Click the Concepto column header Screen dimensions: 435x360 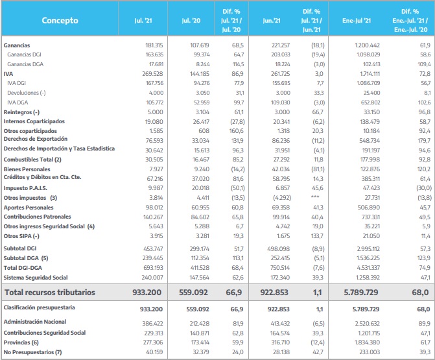(60, 20)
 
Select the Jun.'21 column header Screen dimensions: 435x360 (272, 21)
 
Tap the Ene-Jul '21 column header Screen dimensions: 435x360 (357, 21)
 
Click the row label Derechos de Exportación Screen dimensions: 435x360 (36, 139)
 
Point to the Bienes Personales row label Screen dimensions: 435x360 (27, 169)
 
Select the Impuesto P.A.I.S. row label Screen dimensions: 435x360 (25, 188)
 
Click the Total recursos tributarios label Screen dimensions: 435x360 (50, 293)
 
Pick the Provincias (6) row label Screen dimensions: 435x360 (21, 342)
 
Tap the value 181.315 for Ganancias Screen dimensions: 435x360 (154, 45)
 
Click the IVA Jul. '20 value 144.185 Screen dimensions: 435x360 (200, 74)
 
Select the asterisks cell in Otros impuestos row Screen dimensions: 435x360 (315, 197)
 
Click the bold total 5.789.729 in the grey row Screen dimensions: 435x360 (361, 293)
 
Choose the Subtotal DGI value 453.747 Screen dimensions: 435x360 (153, 248)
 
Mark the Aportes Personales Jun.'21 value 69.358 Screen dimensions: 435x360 (281, 208)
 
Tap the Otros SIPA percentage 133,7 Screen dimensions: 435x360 (317, 236)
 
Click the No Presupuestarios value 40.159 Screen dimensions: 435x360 (154, 352)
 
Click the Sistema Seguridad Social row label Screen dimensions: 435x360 (36, 278)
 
